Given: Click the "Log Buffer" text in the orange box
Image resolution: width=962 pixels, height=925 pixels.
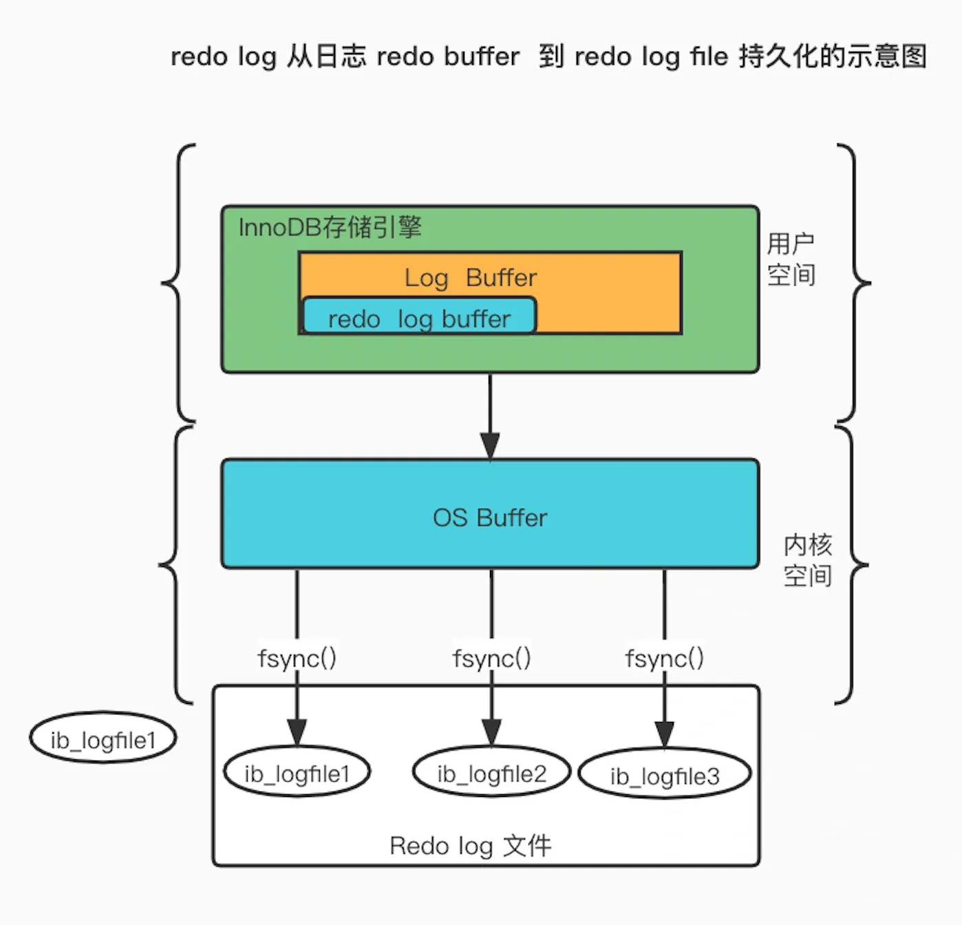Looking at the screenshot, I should pos(470,277).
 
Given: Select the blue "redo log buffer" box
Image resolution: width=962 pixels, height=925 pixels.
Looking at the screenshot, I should pos(419,317).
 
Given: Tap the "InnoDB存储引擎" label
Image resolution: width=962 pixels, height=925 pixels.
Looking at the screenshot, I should pos(330,227).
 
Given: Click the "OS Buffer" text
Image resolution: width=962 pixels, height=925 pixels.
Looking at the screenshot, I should pos(490,518).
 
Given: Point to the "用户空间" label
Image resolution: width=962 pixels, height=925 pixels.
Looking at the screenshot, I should pos(791,259).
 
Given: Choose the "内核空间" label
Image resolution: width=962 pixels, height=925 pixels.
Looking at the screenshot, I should pos(807,560).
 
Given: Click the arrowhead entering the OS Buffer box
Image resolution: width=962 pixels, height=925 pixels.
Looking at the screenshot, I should pos(490,446).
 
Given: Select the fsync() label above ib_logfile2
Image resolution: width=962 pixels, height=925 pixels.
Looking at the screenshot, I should pos(491,659).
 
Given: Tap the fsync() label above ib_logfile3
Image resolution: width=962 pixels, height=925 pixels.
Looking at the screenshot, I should pos(664,659).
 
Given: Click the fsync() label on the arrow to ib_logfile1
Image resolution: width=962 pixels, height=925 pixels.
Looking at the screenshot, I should pos(297,659).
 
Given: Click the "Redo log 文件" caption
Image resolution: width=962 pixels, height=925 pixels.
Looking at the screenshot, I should pos(471,846).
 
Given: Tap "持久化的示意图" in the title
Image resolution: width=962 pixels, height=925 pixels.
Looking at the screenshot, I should pos(833,56).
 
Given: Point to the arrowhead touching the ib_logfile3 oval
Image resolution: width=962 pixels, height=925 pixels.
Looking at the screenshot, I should pos(664,734).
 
